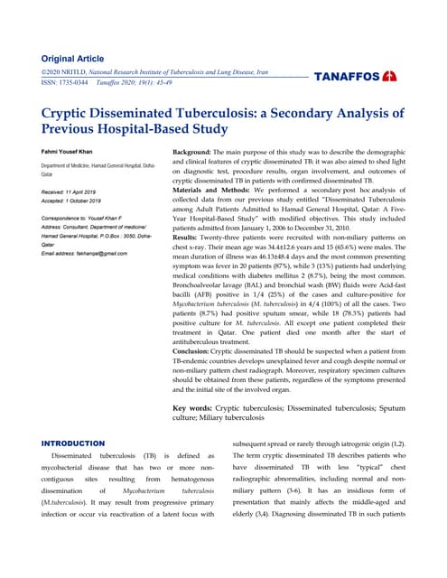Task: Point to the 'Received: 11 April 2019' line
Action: click(x=78, y=192)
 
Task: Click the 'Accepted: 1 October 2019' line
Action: click(x=80, y=201)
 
